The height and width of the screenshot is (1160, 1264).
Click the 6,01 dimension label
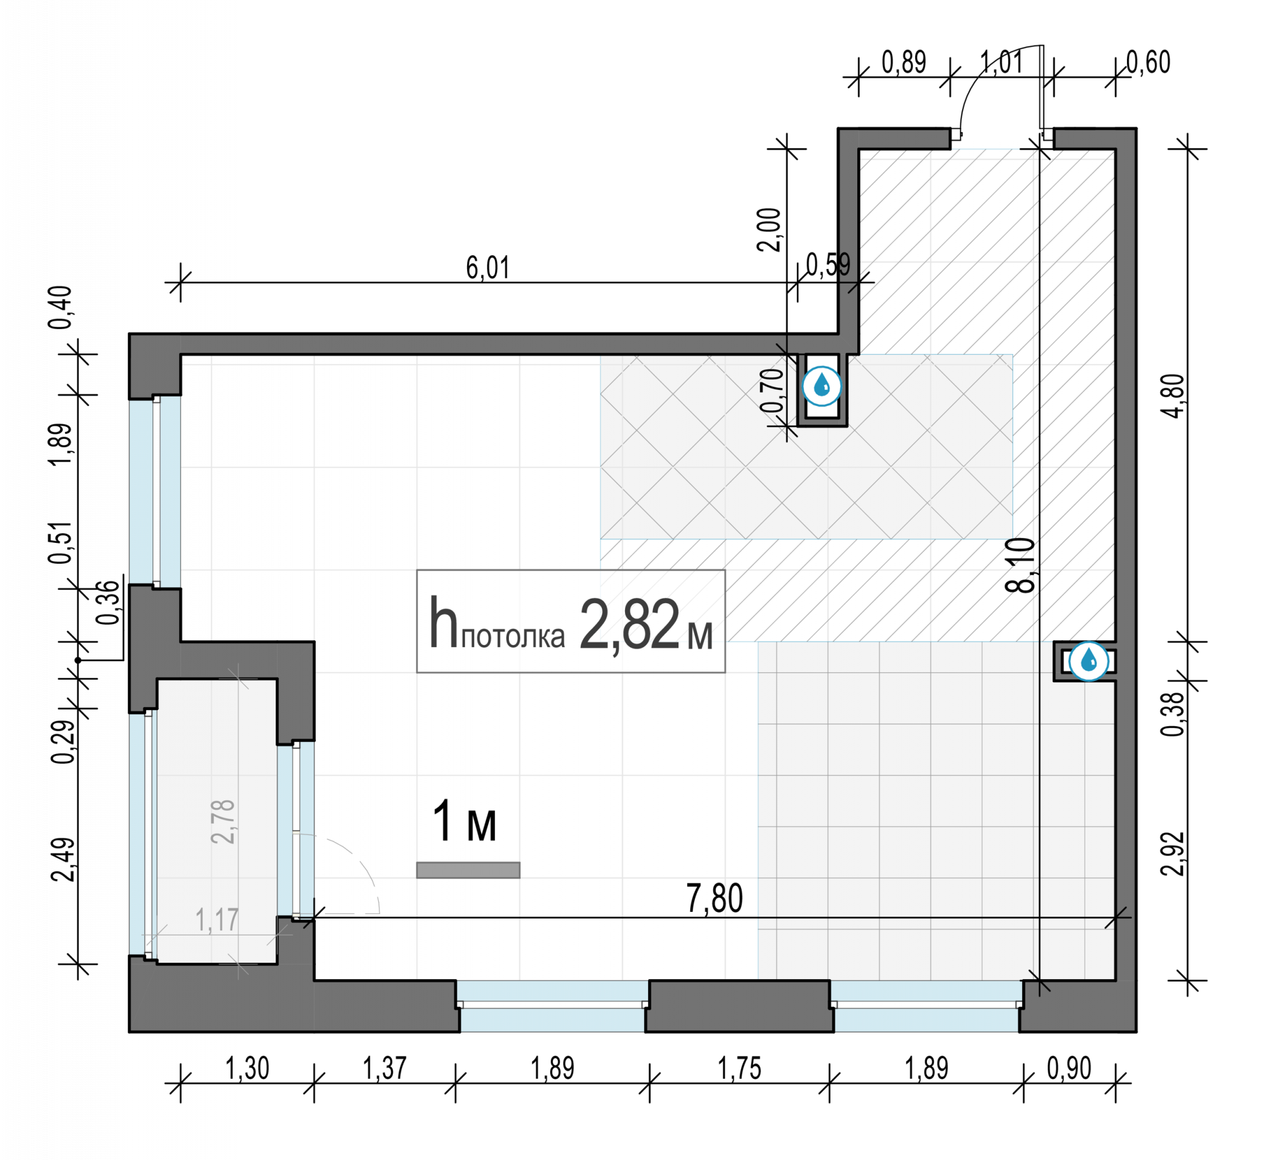tap(487, 268)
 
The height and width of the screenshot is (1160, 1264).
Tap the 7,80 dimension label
tap(714, 898)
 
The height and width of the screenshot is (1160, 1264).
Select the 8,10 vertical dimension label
tap(1020, 565)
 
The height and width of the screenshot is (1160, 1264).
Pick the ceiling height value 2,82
tap(629, 624)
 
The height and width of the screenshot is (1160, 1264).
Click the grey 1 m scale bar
tap(468, 870)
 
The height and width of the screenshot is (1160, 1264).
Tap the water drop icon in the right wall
tap(1089, 661)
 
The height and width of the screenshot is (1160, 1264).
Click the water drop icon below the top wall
tap(822, 386)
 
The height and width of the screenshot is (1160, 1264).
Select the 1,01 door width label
tap(1001, 62)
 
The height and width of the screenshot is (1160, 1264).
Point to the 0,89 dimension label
tap(904, 62)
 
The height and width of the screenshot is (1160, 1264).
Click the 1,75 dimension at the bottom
tap(739, 1068)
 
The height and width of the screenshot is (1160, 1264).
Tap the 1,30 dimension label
tap(247, 1068)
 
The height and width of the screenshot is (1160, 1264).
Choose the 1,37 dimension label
tap(385, 1068)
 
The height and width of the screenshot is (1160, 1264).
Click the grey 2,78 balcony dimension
tap(223, 822)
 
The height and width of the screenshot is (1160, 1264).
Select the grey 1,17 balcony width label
tap(217, 920)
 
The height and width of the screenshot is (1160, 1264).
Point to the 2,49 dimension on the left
tap(63, 860)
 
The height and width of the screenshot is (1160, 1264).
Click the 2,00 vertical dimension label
tap(768, 230)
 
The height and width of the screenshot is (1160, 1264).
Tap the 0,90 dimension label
tap(1070, 1068)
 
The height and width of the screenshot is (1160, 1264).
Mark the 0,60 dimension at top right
tap(1149, 62)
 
